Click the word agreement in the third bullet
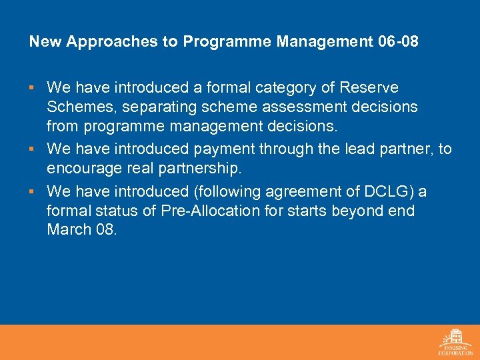coord(297,191)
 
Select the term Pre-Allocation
coord(199,211)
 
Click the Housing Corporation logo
coord(455,341)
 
